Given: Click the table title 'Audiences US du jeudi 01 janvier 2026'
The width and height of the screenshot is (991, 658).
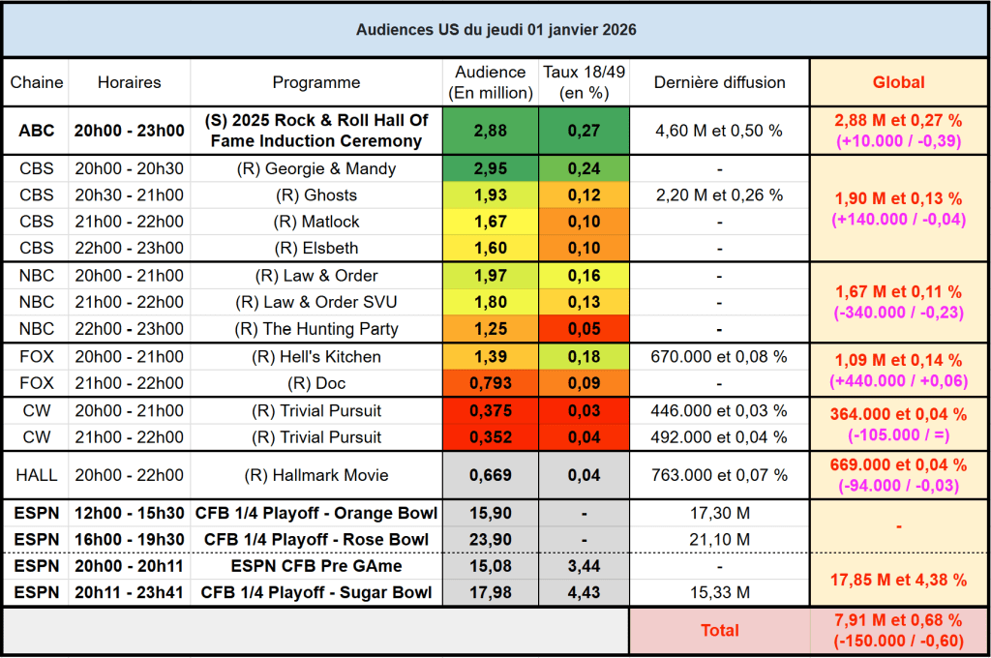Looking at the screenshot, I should (495, 30).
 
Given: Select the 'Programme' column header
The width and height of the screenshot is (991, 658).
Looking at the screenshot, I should (316, 82).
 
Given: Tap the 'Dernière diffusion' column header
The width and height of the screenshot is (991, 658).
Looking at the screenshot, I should (719, 82).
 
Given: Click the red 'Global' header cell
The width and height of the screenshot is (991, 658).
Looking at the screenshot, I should (898, 82).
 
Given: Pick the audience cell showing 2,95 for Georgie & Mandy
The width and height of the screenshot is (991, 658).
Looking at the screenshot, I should (491, 168).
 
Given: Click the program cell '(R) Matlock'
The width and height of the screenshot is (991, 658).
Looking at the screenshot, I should (316, 222).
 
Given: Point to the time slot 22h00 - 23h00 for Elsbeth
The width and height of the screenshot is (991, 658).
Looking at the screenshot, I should (129, 248).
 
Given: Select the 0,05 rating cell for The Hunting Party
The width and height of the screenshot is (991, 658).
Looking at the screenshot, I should (584, 329).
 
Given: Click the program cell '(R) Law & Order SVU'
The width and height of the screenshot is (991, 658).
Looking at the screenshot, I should (316, 302).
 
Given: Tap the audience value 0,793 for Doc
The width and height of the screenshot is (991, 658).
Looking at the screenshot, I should (491, 383).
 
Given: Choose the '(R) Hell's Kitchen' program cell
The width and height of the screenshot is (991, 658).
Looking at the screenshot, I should (316, 356).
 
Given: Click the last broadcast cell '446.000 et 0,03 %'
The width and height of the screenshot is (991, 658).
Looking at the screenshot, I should (719, 410).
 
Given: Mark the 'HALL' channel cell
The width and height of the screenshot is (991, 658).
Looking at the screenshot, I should (36, 475).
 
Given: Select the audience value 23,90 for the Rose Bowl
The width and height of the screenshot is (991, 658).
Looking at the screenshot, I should (491, 539).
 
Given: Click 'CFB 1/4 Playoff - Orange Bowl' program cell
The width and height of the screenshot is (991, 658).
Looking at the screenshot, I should (316, 513).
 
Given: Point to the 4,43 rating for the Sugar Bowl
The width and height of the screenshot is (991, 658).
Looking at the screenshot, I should (584, 592).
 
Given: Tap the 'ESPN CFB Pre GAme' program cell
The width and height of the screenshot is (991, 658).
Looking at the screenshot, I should (316, 565).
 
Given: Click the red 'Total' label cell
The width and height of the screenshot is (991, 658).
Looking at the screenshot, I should (719, 630).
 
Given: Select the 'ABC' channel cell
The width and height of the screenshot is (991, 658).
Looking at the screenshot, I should (36, 130).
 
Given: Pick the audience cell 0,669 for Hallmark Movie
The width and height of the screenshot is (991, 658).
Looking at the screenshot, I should (491, 475).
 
